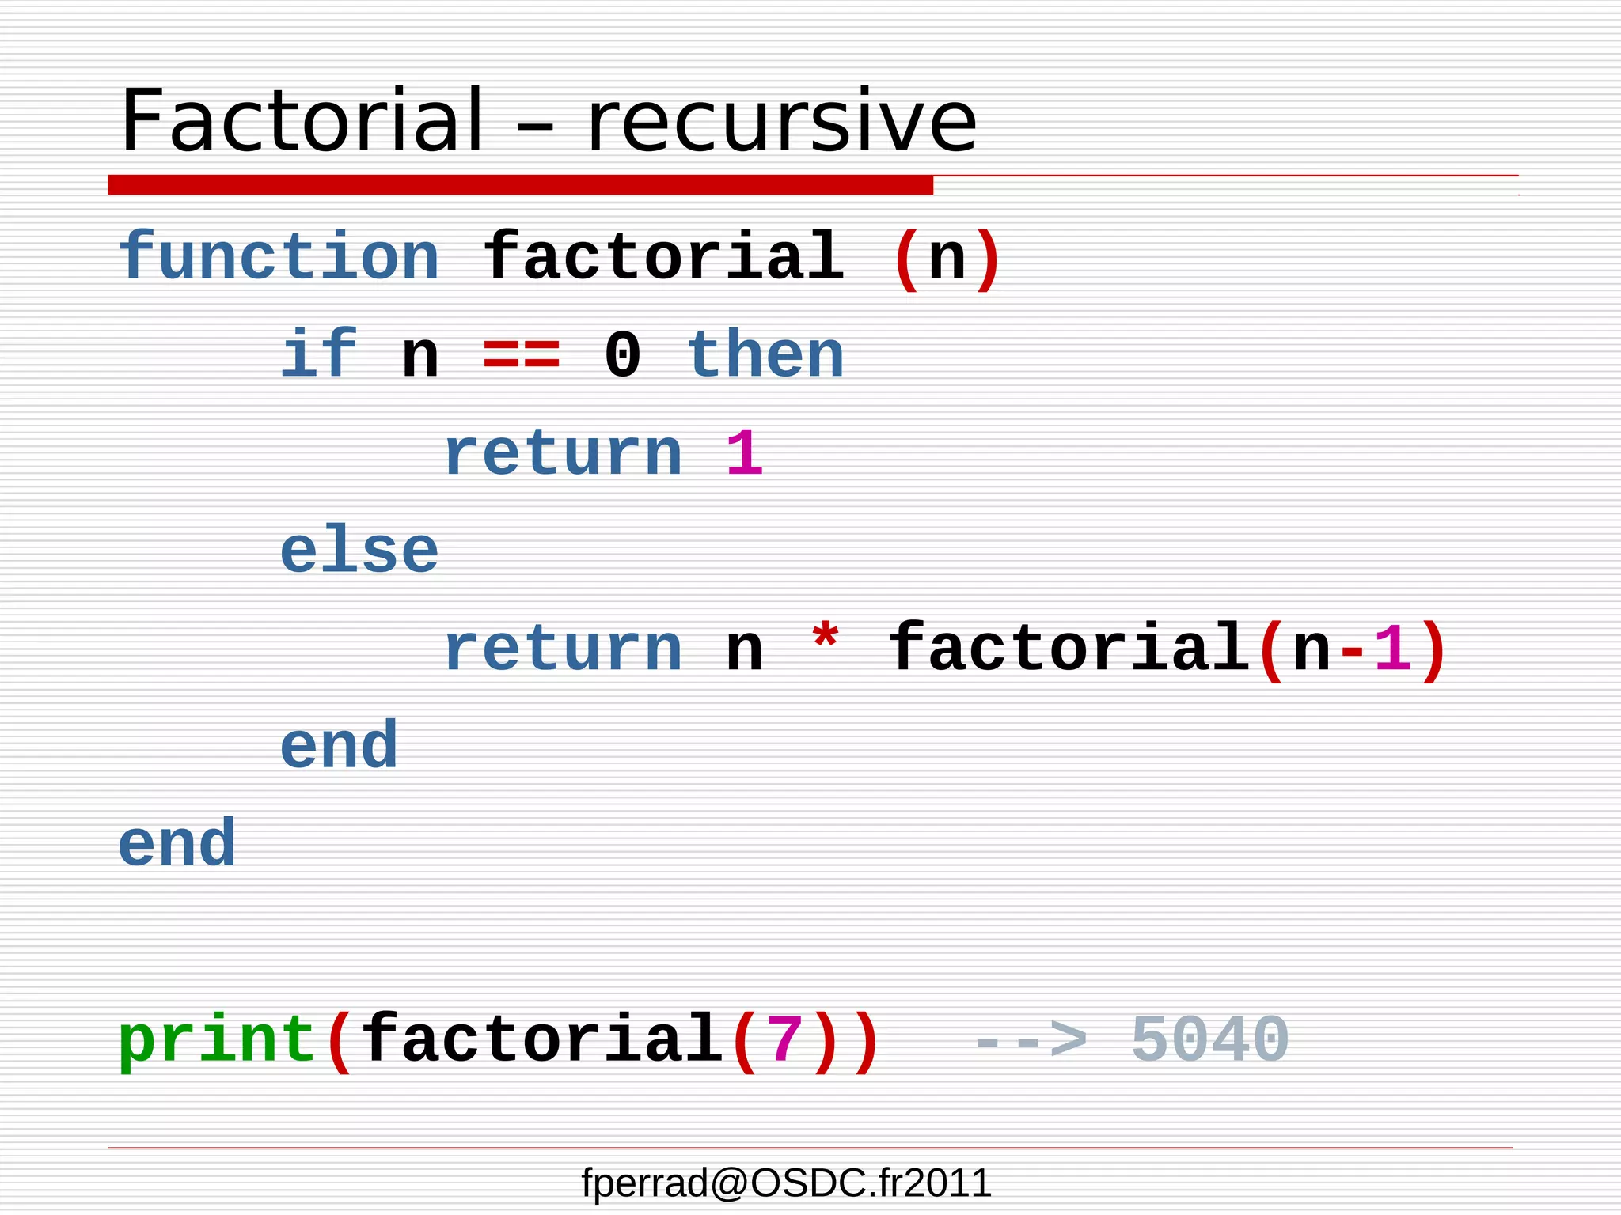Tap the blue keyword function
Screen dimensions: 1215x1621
pyautogui.click(x=279, y=257)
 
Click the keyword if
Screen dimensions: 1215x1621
pyautogui.click(x=319, y=355)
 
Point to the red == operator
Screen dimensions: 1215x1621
pyautogui.click(x=522, y=355)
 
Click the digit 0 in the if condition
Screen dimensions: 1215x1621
pyautogui.click(x=622, y=355)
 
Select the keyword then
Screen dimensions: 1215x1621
pyautogui.click(x=765, y=355)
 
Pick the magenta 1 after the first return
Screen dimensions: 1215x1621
pyautogui.click(x=744, y=453)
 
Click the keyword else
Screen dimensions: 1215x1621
pyautogui.click(x=359, y=551)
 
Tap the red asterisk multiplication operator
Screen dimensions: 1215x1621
pyautogui.click(x=825, y=638)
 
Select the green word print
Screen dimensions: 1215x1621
pyautogui.click(x=217, y=1040)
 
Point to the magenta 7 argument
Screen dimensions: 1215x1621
pyautogui.click(x=784, y=1040)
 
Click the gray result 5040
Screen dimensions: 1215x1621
pyautogui.click(x=1209, y=1040)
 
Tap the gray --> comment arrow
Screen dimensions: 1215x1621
pyautogui.click(x=1029, y=1040)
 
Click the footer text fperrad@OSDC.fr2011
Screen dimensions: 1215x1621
pyautogui.click(x=786, y=1183)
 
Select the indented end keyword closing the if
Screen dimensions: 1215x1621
pyautogui.click(x=339, y=746)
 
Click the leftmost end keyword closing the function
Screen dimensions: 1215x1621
pyautogui.click(x=177, y=844)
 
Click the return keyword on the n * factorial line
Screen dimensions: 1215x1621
pyautogui.click(x=563, y=649)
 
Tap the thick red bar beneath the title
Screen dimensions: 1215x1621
pyautogui.click(x=520, y=185)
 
